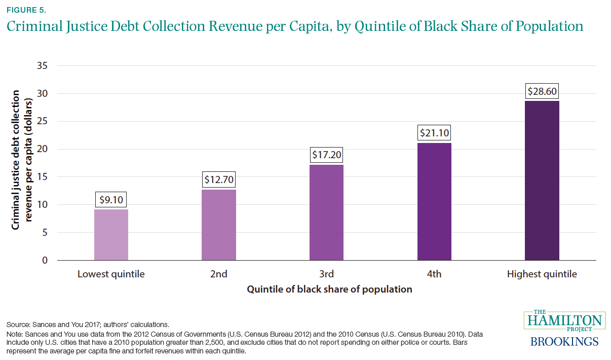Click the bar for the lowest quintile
tap(111, 235)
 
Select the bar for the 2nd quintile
tap(219, 225)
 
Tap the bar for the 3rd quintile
tap(326, 212)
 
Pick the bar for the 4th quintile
tap(434, 202)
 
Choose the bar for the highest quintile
tap(542, 181)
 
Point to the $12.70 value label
tap(219, 179)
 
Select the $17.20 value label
tap(326, 155)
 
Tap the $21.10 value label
tap(434, 133)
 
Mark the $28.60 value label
tap(542, 91)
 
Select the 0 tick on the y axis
tap(45, 261)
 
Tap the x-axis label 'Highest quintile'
tap(542, 274)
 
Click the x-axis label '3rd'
tap(326, 274)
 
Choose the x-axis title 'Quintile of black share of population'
tap(329, 290)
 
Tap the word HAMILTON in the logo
tap(564, 321)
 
